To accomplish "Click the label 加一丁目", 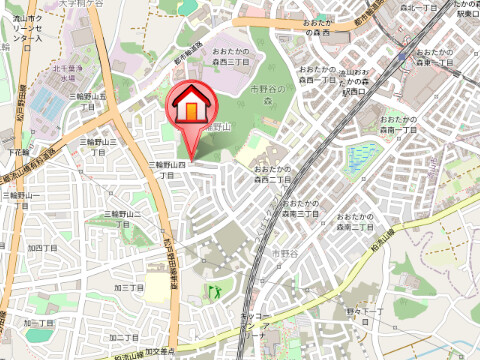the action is coord(37,324).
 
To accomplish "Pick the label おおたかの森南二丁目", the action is coord(356,222).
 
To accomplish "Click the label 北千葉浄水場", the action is coord(67,72).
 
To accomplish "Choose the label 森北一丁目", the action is coord(379,9).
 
